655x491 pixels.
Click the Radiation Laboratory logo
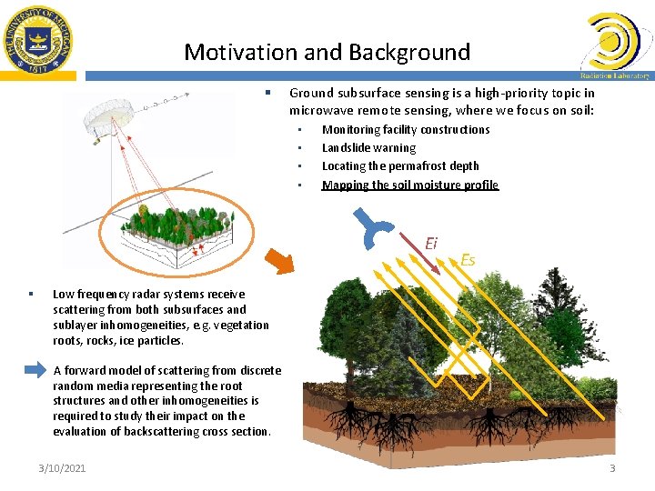615,45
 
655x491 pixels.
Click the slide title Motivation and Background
327,52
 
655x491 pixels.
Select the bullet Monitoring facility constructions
406,130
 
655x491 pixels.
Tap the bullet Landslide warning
368,148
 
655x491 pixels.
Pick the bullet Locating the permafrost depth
399,166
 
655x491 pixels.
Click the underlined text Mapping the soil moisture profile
409,185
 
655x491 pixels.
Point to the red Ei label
431,243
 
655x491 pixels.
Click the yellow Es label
468,260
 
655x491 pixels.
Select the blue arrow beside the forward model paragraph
34,370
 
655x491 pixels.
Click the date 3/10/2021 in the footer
62,468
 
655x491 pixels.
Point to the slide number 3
612,468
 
